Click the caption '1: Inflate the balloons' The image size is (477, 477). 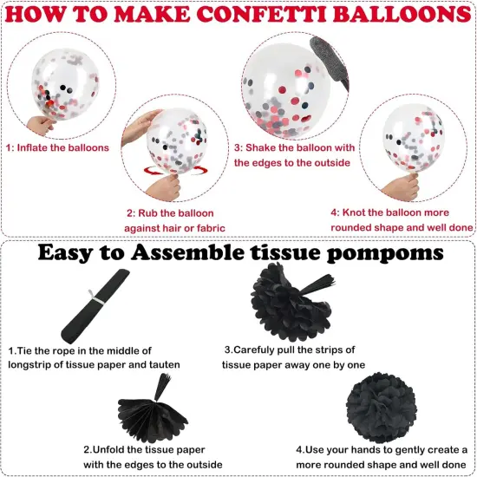[57, 147]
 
